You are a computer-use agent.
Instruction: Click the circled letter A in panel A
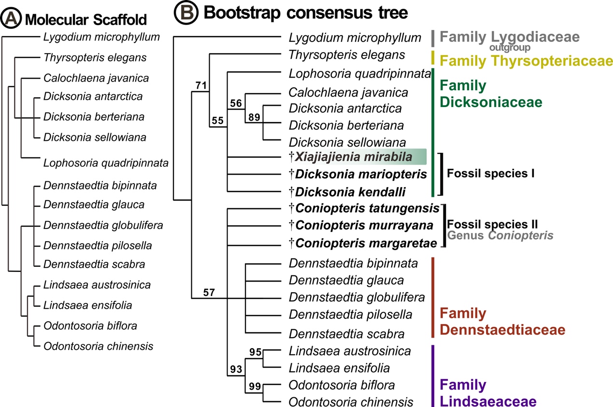click(11, 18)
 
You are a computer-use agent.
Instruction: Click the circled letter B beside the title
click(186, 12)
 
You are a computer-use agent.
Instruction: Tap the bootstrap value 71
click(201, 85)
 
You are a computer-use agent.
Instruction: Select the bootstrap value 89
click(254, 117)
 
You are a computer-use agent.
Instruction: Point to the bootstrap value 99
click(255, 386)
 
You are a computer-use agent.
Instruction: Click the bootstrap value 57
click(209, 293)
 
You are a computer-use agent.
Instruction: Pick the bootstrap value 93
click(236, 369)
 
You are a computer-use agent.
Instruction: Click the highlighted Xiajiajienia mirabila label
click(354, 157)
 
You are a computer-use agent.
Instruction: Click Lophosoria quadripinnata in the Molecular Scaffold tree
click(106, 163)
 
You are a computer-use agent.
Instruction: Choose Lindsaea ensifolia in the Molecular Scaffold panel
click(87, 305)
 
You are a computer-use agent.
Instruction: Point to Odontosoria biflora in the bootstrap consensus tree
click(342, 385)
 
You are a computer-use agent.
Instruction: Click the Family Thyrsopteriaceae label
click(526, 61)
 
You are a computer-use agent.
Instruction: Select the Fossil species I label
click(490, 173)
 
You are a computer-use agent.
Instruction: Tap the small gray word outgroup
click(510, 48)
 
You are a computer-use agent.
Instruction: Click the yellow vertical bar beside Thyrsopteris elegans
click(433, 57)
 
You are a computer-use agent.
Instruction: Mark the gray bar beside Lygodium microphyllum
click(433, 39)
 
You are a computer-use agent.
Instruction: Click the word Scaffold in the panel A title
click(120, 20)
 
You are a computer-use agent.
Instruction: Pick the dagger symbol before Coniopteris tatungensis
click(291, 208)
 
